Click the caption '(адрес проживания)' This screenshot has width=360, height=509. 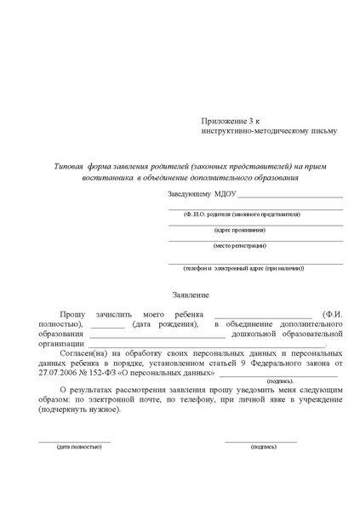coord(239,230)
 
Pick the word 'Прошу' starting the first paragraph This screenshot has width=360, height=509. coord(75,315)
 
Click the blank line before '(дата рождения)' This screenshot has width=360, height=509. coord(107,325)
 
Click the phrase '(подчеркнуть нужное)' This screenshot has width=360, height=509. coord(79,409)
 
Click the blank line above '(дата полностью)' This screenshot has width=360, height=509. coord(75,441)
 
